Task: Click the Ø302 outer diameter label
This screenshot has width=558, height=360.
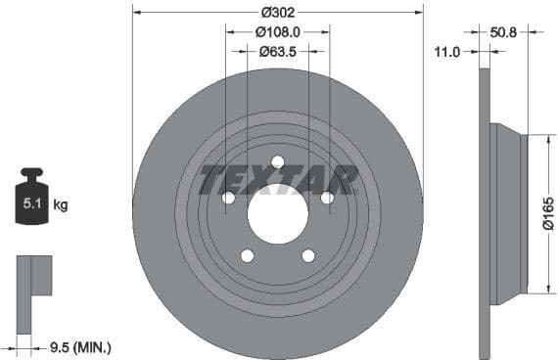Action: (278, 13)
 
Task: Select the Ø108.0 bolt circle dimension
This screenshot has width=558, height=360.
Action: (277, 32)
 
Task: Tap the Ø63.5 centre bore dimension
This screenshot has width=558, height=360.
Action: (278, 52)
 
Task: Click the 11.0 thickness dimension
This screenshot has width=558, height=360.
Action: (445, 52)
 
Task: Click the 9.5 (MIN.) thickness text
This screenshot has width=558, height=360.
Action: (80, 346)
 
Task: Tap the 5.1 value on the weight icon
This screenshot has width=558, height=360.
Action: (32, 204)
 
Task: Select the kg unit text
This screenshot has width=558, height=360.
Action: (60, 205)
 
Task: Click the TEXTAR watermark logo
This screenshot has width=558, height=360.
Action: (278, 180)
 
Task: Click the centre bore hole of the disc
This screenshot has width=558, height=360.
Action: (278, 213)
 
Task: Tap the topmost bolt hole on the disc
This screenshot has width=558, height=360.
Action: (278, 162)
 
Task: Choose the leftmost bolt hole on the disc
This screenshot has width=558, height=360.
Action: (229, 198)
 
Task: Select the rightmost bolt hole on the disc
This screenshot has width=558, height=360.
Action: (327, 198)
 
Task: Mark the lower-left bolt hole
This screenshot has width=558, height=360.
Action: (248, 255)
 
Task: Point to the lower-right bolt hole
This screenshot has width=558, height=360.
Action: (308, 255)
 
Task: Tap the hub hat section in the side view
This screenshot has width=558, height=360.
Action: (509, 214)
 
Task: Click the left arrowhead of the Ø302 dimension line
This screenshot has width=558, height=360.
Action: (136, 13)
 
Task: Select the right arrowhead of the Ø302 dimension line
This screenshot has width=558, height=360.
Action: (420, 13)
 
